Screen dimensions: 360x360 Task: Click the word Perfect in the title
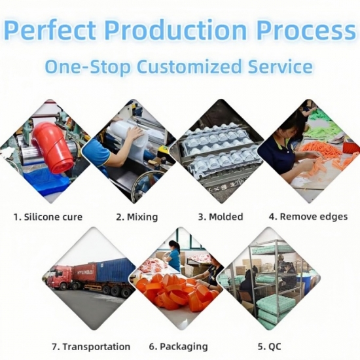coord(50,30)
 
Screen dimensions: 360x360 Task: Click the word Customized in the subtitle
coord(189,67)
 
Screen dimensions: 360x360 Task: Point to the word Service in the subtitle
coord(280,67)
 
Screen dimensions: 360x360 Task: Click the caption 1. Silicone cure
coord(48,217)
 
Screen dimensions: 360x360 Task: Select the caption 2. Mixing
coord(137,217)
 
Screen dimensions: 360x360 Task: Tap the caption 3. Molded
coord(221,217)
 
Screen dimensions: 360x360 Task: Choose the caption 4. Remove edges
coord(308,217)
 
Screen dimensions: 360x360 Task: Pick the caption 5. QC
coord(269,346)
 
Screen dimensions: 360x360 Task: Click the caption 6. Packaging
coord(179,347)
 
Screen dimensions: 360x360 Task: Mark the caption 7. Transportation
coord(91,347)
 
